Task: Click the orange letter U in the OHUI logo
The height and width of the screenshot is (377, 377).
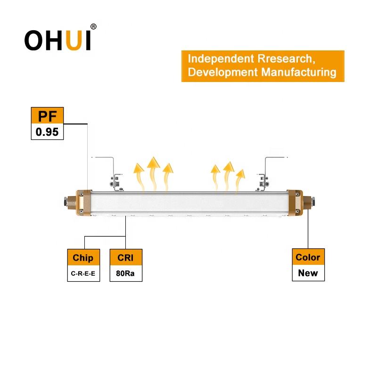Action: (x=72, y=41)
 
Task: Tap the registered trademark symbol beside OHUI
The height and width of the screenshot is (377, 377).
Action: (x=93, y=27)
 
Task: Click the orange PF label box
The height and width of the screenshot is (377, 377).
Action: (x=47, y=116)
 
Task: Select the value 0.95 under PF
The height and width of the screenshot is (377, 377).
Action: (x=47, y=132)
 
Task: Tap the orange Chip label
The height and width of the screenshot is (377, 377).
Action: (x=83, y=257)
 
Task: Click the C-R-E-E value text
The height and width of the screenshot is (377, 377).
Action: (x=83, y=274)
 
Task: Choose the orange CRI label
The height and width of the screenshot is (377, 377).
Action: (x=125, y=257)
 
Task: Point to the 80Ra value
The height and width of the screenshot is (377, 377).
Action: (x=125, y=274)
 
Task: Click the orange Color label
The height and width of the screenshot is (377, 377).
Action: (x=308, y=257)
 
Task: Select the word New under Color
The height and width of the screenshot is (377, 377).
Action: (x=308, y=273)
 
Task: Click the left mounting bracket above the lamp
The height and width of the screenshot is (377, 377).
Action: (x=115, y=177)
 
